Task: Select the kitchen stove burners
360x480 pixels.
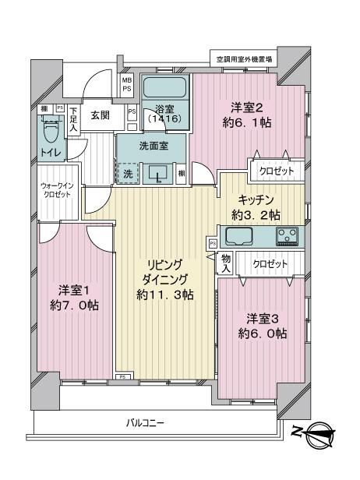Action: point(285,235)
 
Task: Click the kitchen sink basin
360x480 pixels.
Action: point(241,235)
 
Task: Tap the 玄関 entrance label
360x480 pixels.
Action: point(101,116)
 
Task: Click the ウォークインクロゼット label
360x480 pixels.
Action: point(57,190)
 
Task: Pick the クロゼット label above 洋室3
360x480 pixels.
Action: point(270,265)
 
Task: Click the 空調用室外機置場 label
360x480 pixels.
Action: point(245,58)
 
